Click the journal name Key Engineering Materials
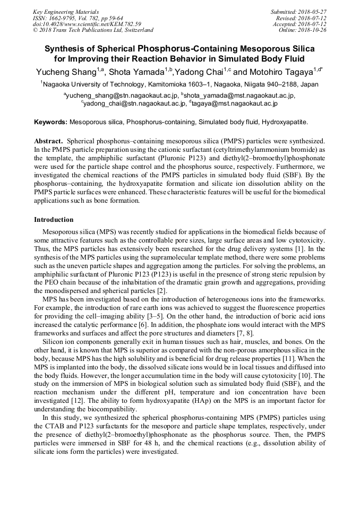(x=66, y=12)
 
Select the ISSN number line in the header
(x=78, y=18)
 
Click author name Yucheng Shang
(x=66, y=72)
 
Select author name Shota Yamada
(x=137, y=72)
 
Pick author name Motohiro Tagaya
(x=279, y=72)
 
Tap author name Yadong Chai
(x=198, y=72)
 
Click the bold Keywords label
(x=51, y=122)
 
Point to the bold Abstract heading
(x=48, y=141)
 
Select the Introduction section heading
(x=54, y=219)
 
